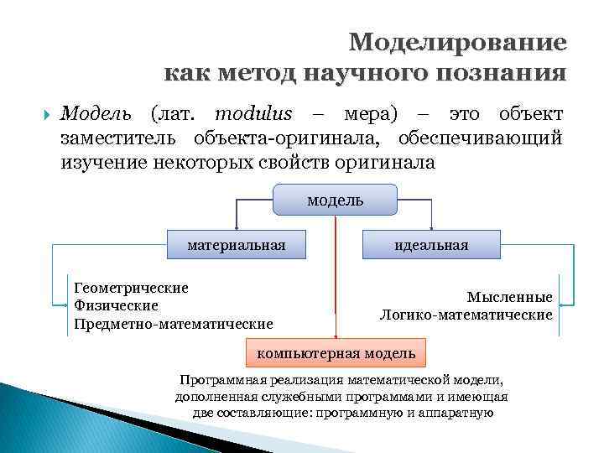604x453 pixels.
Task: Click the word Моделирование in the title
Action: tap(457, 43)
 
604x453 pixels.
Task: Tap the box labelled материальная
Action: tap(236, 245)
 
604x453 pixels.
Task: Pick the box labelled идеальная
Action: tap(432, 245)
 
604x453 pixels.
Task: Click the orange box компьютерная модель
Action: tap(336, 353)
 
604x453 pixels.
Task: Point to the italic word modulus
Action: tap(253, 114)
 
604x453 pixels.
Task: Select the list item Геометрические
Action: tap(131, 288)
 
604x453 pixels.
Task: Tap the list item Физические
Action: tap(117, 305)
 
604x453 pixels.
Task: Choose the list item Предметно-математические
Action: tap(174, 323)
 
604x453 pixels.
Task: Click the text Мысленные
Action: tap(510, 297)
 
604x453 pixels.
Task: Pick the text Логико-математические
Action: tap(466, 315)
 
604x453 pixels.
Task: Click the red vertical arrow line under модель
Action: tap(336, 277)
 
